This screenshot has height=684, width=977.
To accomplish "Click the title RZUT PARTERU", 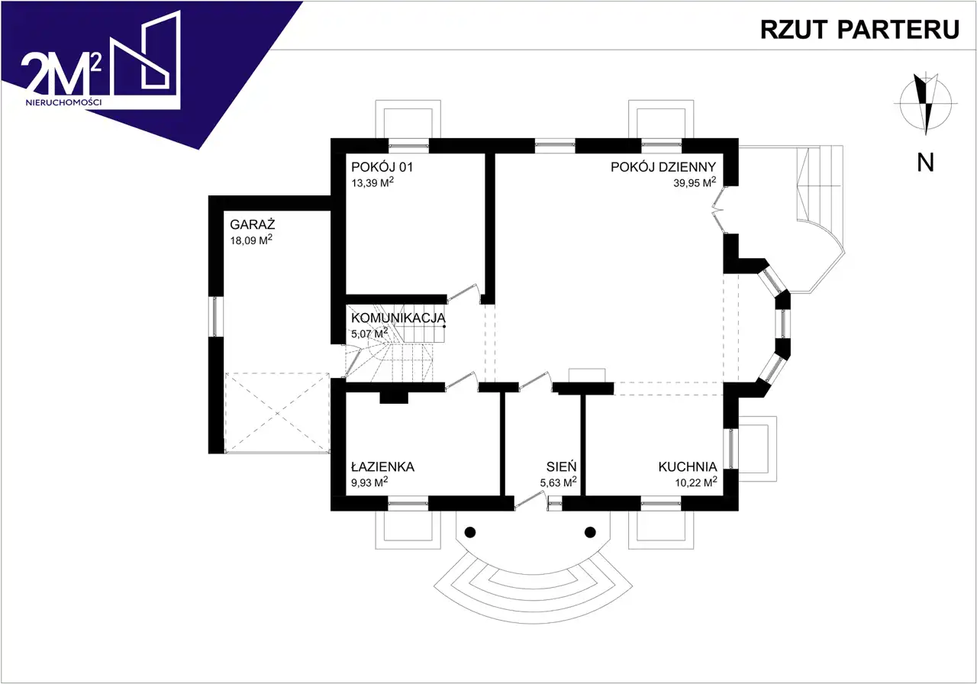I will tap(859, 29).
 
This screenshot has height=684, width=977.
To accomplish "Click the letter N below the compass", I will tap(926, 162).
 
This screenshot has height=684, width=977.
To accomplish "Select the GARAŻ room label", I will tap(253, 225).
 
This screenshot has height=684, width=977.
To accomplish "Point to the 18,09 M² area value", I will tap(252, 240).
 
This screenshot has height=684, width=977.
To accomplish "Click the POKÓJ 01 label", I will tap(382, 167).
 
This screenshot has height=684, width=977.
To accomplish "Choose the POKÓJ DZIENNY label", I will tap(663, 167).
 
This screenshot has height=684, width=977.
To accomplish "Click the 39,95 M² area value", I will tap(694, 183).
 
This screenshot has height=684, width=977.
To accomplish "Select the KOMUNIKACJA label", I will tap(398, 318).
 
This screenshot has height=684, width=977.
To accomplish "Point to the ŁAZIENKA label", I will tap(382, 466).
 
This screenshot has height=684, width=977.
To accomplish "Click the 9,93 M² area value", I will tap(369, 482).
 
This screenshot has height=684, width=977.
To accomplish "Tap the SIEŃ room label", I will tap(561, 466).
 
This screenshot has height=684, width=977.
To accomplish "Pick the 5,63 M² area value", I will tap(558, 482).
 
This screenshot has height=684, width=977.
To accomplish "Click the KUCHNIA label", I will tap(687, 466).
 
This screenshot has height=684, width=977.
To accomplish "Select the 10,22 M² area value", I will tap(694, 482).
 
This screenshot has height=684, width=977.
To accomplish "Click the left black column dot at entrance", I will tap(470, 532).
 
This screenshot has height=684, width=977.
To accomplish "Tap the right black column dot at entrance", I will tap(589, 532).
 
